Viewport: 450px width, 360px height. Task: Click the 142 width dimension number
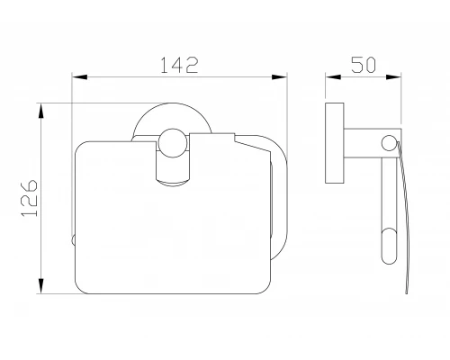(x=179, y=65)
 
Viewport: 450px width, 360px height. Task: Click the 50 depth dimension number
(x=364, y=65)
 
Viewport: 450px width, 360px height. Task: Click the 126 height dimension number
(x=30, y=198)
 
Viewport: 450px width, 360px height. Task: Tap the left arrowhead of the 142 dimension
(x=80, y=77)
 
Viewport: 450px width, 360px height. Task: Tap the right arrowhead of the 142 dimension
(x=279, y=77)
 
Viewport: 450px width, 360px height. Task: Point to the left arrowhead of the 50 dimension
(x=333, y=77)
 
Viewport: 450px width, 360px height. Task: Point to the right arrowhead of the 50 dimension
(x=393, y=77)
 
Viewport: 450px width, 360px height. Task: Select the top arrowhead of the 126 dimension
(x=41, y=111)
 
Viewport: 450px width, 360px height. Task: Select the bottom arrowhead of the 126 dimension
(x=41, y=286)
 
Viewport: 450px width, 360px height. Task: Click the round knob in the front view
(x=173, y=143)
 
